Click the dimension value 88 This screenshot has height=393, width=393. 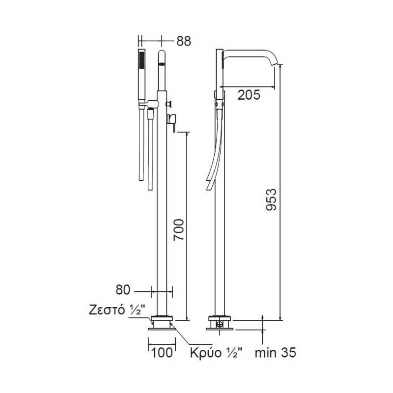click(184, 41)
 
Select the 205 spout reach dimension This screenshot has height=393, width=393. click(249, 95)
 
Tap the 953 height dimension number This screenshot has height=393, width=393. click(271, 200)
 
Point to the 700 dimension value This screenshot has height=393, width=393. click(179, 229)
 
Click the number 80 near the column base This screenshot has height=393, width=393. click(123, 290)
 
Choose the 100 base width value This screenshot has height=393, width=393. click(162, 353)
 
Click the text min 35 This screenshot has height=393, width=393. click(276, 353)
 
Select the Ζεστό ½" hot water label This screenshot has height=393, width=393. click(117, 310)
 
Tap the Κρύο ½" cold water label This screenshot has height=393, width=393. click(216, 353)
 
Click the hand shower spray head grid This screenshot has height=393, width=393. click(142, 60)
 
